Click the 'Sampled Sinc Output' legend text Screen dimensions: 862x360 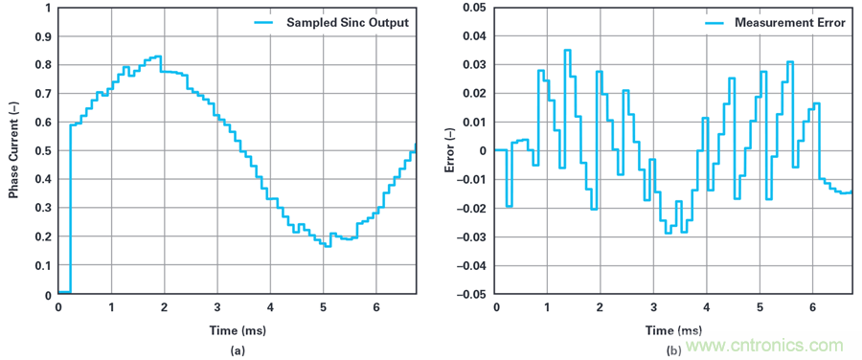click(x=348, y=23)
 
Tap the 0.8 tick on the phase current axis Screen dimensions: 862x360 click(x=46, y=65)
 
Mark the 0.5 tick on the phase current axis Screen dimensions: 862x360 click(x=46, y=151)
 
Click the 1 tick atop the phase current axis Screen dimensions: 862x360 click(x=50, y=9)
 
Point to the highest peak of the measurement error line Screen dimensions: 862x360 click(x=567, y=50)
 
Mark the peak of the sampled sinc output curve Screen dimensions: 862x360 click(x=157, y=56)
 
